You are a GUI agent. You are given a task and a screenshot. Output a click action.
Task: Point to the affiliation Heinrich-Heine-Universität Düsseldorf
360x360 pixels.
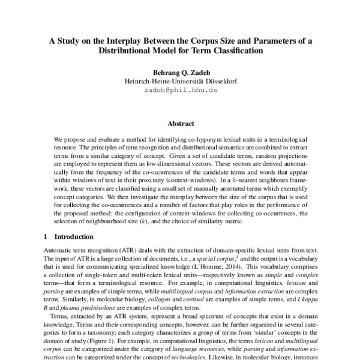pyautogui.click(x=180, y=81)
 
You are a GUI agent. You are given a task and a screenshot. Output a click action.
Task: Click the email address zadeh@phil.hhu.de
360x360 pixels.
pyautogui.click(x=180, y=89)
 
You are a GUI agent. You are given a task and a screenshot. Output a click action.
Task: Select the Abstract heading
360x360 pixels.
pyautogui.click(x=180, y=123)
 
